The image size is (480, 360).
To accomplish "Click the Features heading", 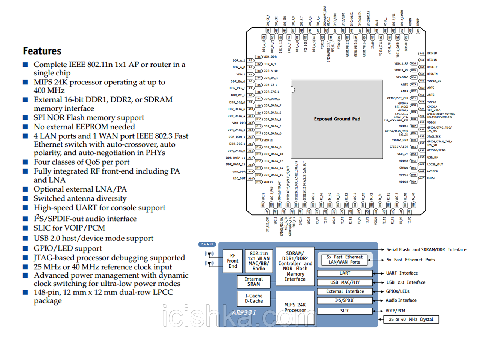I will [42, 51].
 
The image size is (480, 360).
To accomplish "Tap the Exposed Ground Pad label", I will [337, 119].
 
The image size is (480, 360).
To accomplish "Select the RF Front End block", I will [232, 261].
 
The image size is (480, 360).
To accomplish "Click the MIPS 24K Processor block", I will [295, 307].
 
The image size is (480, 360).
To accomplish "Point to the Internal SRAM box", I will [254, 282].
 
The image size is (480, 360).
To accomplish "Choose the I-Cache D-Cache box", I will [254, 298].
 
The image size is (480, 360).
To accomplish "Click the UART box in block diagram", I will [345, 273].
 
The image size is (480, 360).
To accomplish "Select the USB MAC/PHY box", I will [345, 282].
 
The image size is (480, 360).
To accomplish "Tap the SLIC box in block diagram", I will [345, 311].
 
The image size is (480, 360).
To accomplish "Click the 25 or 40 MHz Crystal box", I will [411, 319].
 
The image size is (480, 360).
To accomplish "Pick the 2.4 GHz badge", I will [207, 244].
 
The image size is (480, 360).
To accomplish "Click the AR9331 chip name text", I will [244, 312].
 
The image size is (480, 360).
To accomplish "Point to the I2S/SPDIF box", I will [345, 300].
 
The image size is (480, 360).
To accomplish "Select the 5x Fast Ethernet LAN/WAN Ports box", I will [345, 259].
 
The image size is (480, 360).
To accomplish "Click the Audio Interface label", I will [401, 300].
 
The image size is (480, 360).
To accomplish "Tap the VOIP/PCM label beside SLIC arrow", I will [395, 311].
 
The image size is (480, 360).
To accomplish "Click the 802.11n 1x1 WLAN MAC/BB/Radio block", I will [259, 261].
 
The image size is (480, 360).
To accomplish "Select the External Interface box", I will [345, 291].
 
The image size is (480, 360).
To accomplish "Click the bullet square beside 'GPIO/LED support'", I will [25, 248].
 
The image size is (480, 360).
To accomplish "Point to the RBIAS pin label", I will [431, 178].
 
